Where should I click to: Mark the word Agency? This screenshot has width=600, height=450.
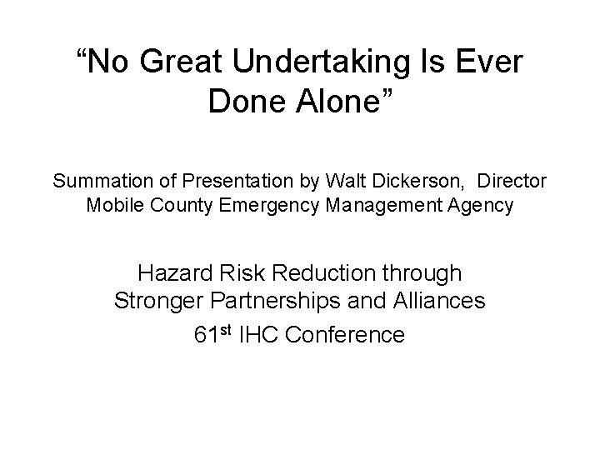(481, 205)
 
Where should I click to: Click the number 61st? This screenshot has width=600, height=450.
(214, 334)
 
